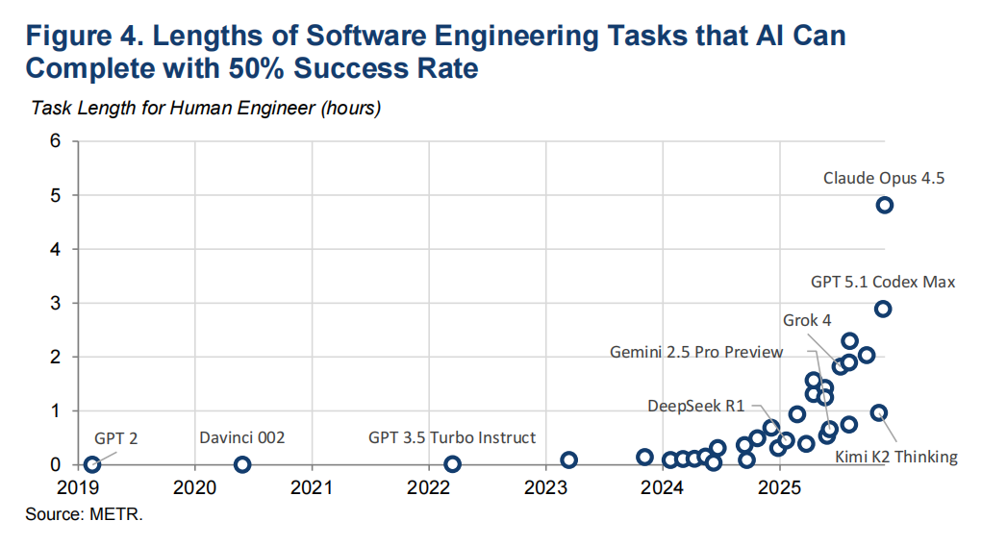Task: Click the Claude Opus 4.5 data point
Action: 884,205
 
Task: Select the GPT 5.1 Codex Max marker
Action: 882,309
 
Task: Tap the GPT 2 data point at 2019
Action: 92,464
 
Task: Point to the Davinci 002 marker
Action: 242,464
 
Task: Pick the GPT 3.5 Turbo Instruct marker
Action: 452,464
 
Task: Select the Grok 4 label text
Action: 806,320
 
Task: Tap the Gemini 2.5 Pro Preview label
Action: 696,352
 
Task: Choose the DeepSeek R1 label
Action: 695,406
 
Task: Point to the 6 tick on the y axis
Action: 56,141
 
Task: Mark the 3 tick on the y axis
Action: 56,303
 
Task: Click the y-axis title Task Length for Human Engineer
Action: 206,108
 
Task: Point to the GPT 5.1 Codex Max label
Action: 882,282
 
